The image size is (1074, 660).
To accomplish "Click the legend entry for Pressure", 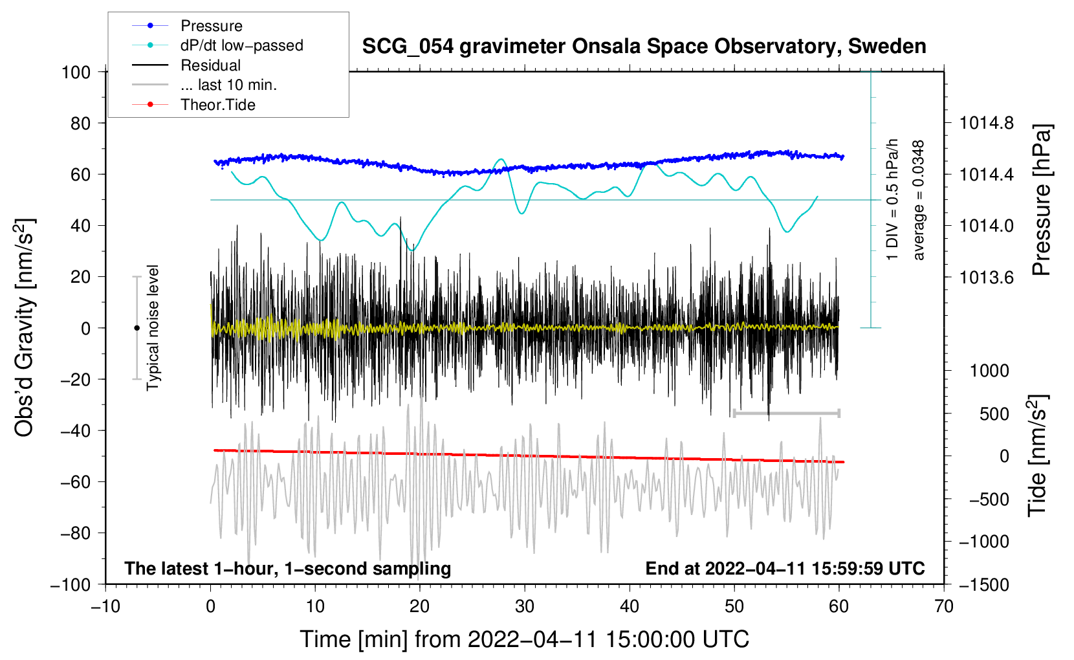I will (x=211, y=26).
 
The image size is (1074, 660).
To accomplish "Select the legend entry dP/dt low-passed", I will (x=241, y=45).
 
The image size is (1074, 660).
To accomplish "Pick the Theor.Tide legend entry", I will (x=217, y=105).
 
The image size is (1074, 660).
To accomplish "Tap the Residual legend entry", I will (x=210, y=65).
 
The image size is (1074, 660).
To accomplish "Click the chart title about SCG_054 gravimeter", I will (x=644, y=47).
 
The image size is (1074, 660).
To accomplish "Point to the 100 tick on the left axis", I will (x=76, y=72).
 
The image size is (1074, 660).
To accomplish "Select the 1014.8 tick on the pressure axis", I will (x=987, y=123).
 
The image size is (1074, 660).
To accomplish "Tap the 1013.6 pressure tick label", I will (x=987, y=277).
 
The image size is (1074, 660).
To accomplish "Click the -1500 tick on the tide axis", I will (x=983, y=584).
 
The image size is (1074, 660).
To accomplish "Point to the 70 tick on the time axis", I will (x=944, y=606).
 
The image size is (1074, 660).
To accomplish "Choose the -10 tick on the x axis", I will (x=105, y=606).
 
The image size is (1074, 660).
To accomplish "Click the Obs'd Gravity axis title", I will (x=25, y=327).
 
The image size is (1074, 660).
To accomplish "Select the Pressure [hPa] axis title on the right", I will (x=1041, y=200).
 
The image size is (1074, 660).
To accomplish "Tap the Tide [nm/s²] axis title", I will (x=1037, y=456).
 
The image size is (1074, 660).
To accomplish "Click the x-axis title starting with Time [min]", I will (x=524, y=639).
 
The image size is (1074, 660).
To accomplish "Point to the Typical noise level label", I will (x=153, y=327).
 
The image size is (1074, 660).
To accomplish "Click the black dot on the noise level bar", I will (x=137, y=328).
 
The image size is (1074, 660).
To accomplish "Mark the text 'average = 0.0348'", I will (x=919, y=200).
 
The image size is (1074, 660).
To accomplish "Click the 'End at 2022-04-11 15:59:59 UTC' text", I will (x=785, y=569).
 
